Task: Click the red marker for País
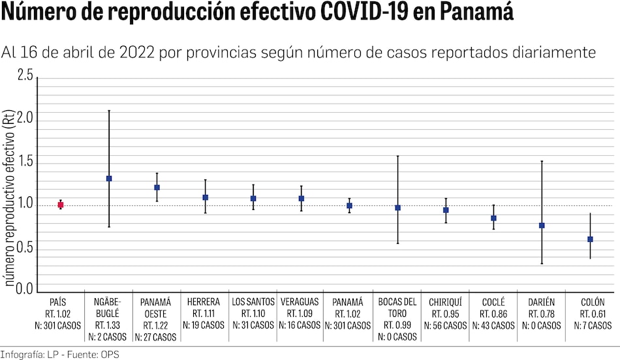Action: pos(61,205)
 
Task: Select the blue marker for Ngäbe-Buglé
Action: pos(109,178)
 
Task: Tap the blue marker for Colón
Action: pos(590,239)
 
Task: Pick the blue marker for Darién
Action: pos(542,226)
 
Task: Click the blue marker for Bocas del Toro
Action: pos(397,207)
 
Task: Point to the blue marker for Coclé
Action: pos(493,218)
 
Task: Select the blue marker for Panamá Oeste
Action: pos(157,187)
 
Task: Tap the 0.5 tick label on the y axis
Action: pos(25,248)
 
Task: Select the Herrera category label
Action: pos(204,303)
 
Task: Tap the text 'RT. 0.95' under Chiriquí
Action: pos(446,314)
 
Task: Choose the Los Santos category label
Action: pos(253,303)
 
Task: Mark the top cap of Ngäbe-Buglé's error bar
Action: pos(109,111)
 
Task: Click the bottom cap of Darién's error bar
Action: pos(542,263)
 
